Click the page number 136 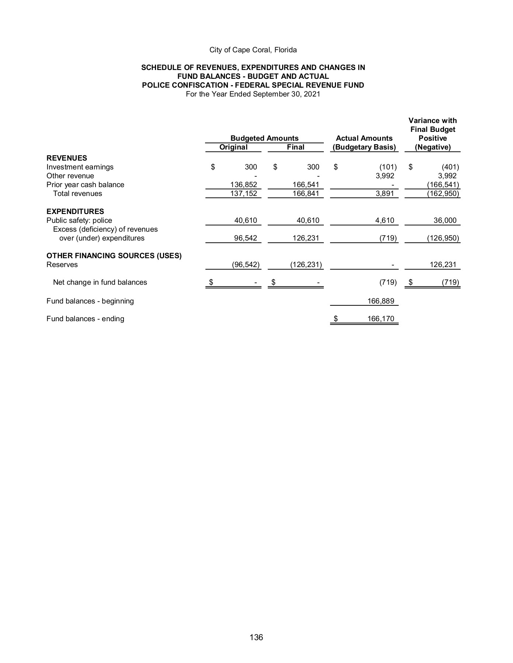point(256,637)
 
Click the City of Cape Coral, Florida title point(253,50)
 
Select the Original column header point(233,147)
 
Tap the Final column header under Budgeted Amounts point(295,147)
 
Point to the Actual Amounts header point(364,138)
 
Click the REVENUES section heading point(67,158)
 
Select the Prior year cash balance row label point(85,185)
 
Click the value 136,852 point(243,185)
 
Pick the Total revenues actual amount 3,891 point(385,193)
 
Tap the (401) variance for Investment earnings point(450,167)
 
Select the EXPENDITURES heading point(75,211)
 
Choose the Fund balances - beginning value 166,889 point(381,301)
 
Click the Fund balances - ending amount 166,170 point(381,319)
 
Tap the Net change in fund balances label point(100,282)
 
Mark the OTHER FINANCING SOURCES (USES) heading point(114,256)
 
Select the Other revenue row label point(70,176)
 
